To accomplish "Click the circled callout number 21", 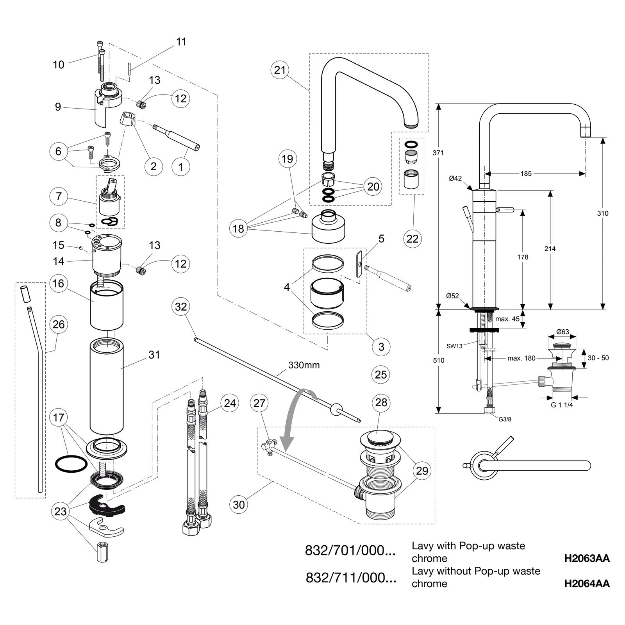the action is tap(280, 70).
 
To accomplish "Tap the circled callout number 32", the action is tap(181, 307).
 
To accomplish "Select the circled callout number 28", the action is tap(381, 402).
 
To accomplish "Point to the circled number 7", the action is tap(59, 196).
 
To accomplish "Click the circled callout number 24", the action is tap(230, 403).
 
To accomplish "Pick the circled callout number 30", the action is tap(239, 504).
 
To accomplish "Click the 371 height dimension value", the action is tap(438, 153).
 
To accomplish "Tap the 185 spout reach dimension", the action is tap(526, 173).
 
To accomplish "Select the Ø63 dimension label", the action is tap(562, 332).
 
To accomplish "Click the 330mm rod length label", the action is tap(304, 365).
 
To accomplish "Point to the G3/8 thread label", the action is tap(505, 419).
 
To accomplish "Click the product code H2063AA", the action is tap(587, 558).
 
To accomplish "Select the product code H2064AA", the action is tap(587, 583).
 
